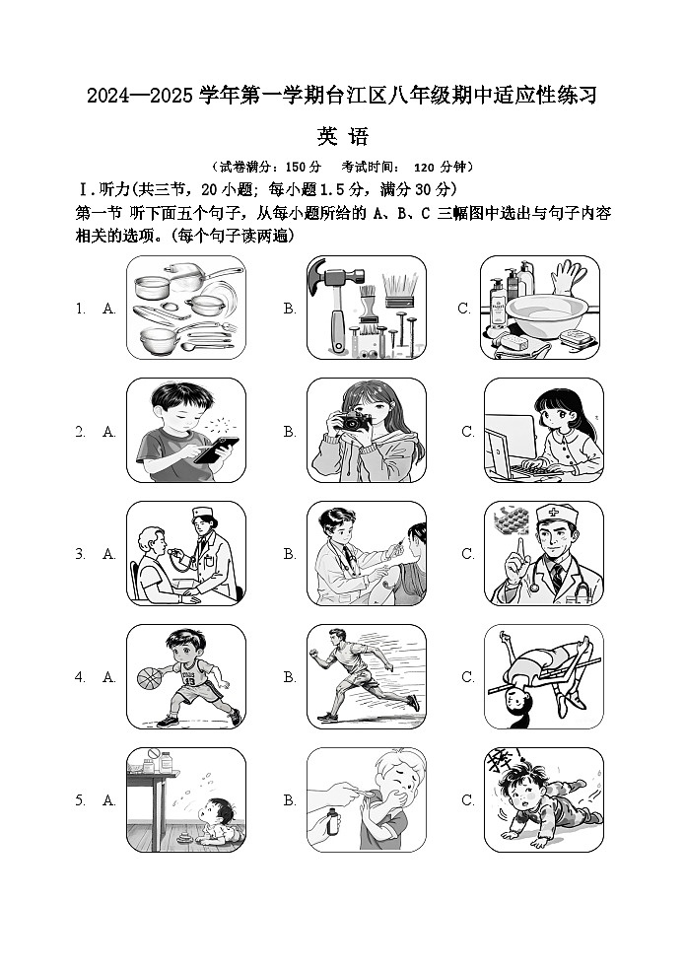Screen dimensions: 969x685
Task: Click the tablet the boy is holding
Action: click(216, 450)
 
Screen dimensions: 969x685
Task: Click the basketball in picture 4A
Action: click(147, 678)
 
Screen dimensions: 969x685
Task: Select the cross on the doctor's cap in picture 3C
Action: click(559, 514)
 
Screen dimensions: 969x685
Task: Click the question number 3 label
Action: click(80, 555)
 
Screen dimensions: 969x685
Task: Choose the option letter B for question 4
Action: click(290, 677)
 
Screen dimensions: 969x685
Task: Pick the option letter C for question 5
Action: click(467, 800)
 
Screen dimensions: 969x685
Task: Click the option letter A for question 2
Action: click(109, 432)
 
